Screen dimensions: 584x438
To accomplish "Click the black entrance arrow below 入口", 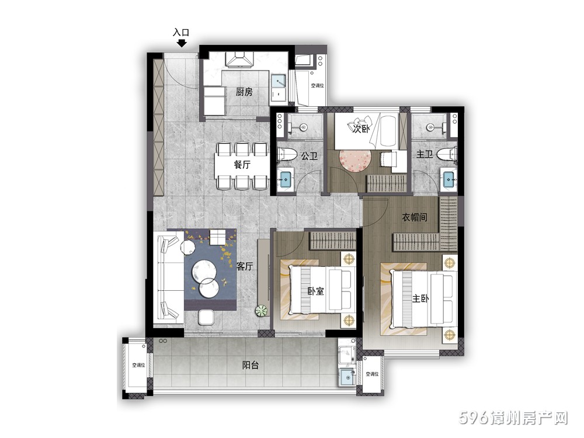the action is (182, 43).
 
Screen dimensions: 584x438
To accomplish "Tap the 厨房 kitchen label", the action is (244, 92).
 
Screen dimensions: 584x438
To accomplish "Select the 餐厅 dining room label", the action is (242, 164).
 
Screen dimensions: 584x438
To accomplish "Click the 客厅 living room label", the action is (245, 266).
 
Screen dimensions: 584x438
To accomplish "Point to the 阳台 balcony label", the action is (251, 365).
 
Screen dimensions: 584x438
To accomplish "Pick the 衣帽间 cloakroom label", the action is (414, 217).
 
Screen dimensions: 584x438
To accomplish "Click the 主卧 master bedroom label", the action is (420, 298).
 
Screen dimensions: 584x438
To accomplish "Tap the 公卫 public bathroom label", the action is (309, 156).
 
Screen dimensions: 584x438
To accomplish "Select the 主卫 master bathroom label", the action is (424, 154).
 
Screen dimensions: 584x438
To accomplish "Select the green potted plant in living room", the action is (262, 311).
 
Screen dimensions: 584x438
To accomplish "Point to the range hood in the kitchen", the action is (239, 59).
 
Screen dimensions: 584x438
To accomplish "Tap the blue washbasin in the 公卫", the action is (286, 179).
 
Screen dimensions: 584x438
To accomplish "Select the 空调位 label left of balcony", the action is (138, 366).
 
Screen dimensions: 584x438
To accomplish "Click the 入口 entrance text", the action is (181, 32).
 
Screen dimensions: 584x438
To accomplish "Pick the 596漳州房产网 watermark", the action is (513, 418).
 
